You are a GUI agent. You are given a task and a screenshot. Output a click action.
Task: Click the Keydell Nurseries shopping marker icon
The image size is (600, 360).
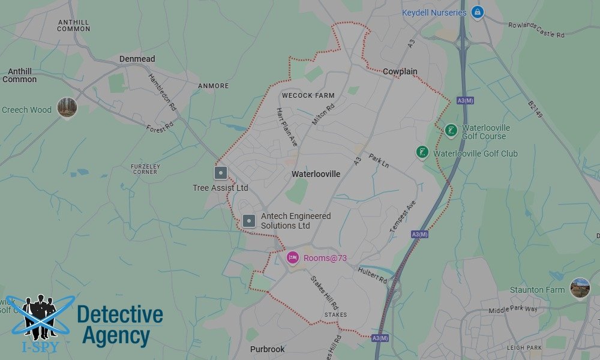pos(478,12)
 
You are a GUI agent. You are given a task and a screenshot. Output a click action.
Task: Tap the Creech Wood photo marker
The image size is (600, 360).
pos(67,108)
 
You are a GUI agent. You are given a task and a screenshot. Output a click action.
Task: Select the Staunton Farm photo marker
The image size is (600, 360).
pos(580,288)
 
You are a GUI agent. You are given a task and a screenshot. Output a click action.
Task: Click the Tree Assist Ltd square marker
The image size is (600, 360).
pos(221,173)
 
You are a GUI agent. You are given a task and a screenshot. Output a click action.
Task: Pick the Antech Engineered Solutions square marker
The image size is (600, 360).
pos(249,221)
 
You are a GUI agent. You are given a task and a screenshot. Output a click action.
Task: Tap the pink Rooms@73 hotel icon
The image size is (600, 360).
pos(292,258)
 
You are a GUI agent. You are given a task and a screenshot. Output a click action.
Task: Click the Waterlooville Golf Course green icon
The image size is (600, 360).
pos(451,130)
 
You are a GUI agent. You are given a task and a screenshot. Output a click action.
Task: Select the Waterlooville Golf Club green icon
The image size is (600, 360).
pos(422,152)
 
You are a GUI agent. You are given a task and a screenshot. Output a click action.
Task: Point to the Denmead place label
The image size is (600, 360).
pos(137,59)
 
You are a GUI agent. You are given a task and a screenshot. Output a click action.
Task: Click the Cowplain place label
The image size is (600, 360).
pos(400,71)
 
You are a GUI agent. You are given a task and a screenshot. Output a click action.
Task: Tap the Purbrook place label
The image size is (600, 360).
pos(267,349)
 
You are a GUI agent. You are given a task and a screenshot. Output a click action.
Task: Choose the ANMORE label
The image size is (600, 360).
pos(214,86)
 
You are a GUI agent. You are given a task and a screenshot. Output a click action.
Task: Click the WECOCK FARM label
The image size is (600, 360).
pos(308,95)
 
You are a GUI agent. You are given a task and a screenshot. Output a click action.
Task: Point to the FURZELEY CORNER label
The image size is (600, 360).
pos(145,169)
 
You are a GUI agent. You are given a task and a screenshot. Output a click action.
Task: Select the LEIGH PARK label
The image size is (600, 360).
pos(524,347)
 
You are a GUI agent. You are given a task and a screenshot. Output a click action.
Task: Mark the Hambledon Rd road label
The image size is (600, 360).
pos(162,91)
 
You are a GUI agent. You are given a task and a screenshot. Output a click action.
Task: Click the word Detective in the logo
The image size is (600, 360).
pos(120,314)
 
